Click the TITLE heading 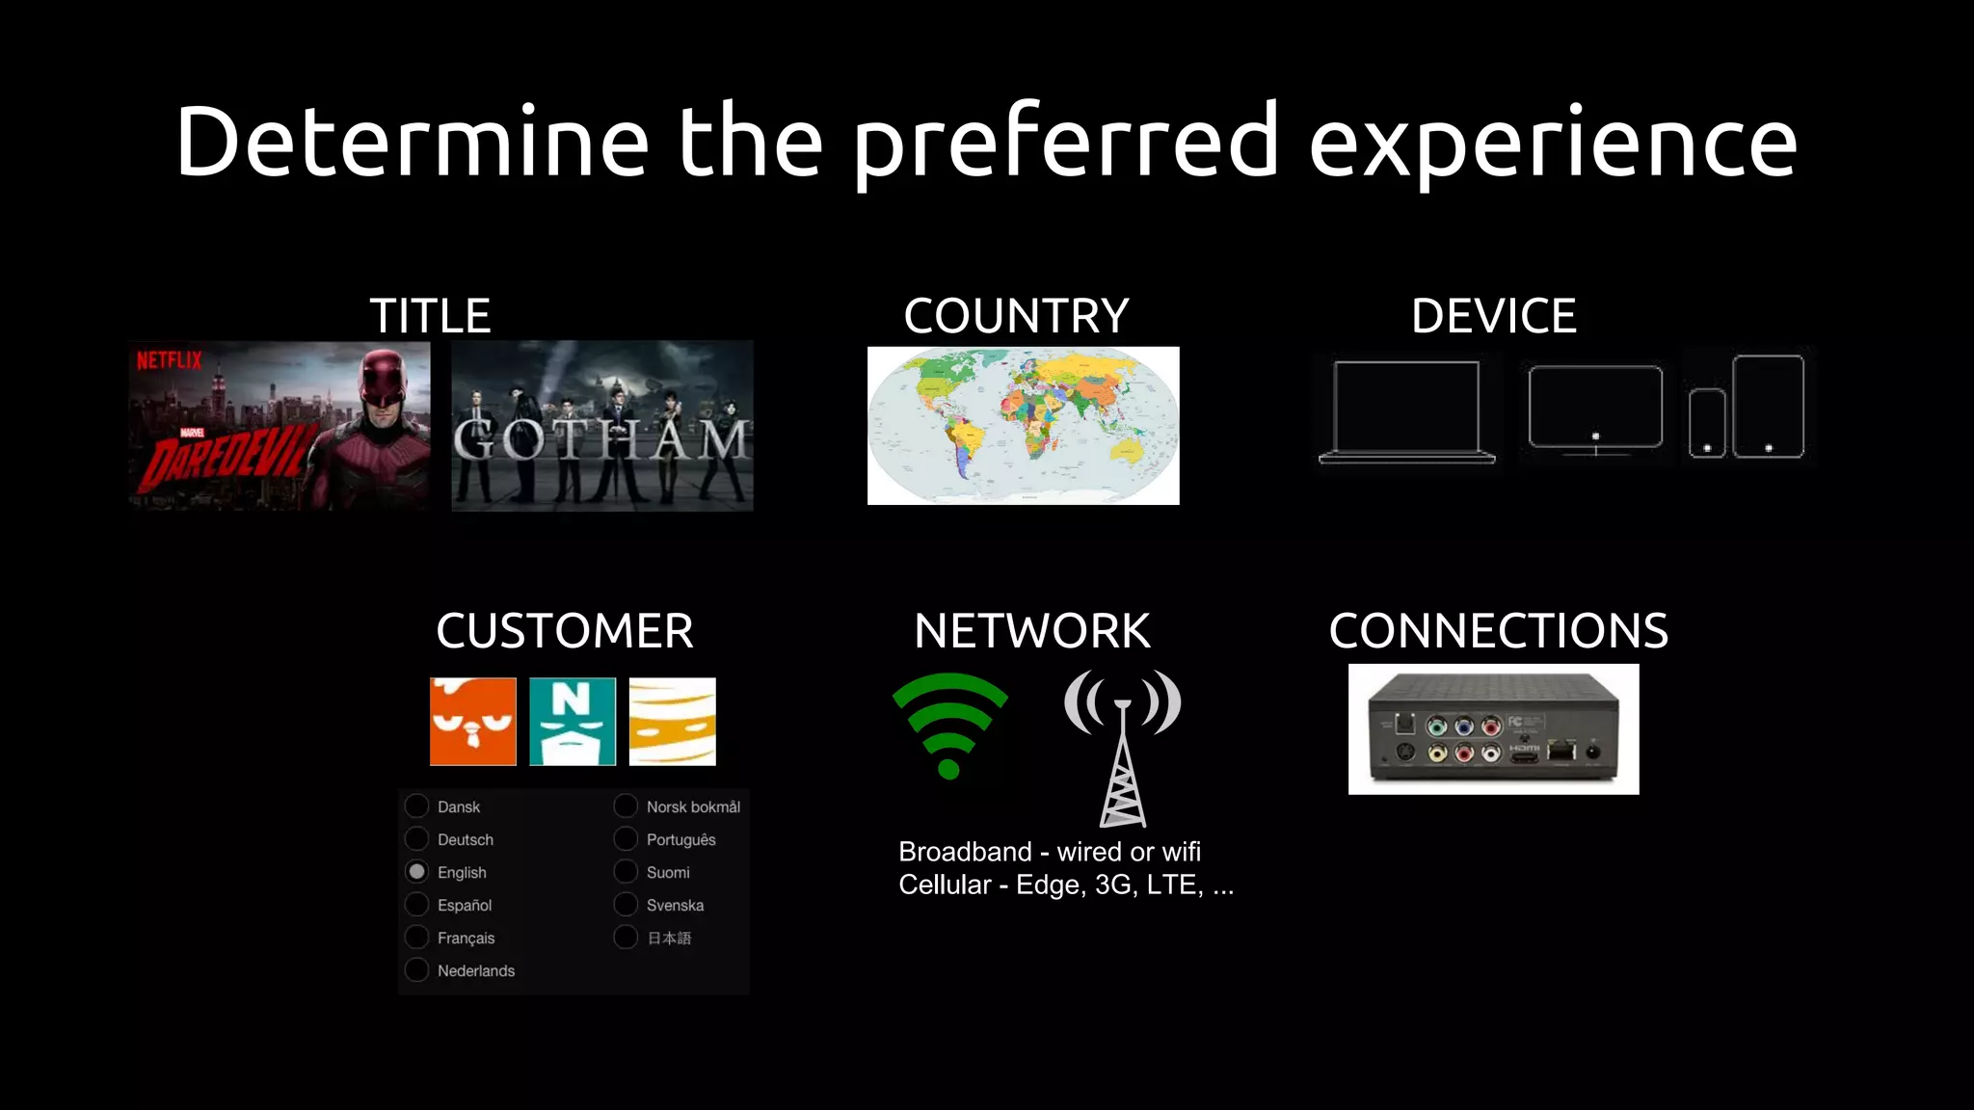click(x=430, y=316)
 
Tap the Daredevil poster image click(x=280, y=426)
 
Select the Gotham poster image click(x=602, y=426)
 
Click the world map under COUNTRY click(x=1023, y=426)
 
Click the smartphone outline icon click(x=1707, y=423)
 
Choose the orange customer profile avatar click(x=473, y=722)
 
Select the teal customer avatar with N click(x=573, y=722)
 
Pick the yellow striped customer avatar click(x=672, y=722)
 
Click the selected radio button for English click(x=416, y=872)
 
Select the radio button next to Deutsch click(x=416, y=839)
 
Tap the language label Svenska click(x=675, y=906)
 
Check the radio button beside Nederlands click(x=416, y=970)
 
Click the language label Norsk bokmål click(x=693, y=807)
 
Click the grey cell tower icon click(x=1123, y=748)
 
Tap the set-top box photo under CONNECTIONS click(x=1493, y=729)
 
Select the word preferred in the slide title click(x=1065, y=143)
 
